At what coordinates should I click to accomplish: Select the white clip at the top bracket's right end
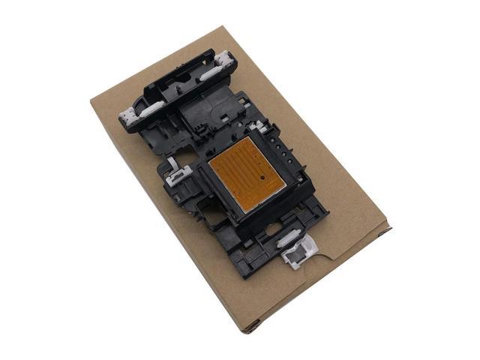[x=223, y=60]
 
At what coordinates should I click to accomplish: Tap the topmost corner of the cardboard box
[x=223, y=27]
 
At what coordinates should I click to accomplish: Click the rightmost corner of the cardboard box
[x=390, y=225]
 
